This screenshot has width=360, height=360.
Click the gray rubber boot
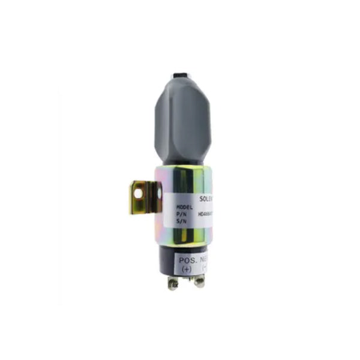coord(184,120)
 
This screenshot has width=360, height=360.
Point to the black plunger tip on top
coord(179,77)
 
